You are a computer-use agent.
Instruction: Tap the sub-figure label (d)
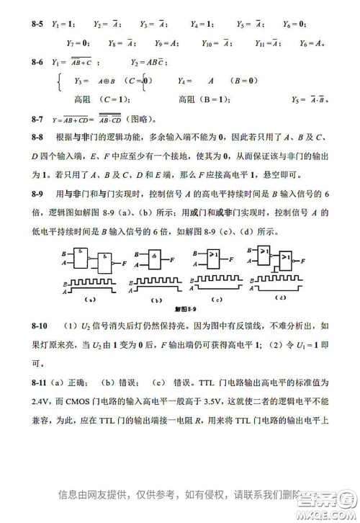point(282,297)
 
